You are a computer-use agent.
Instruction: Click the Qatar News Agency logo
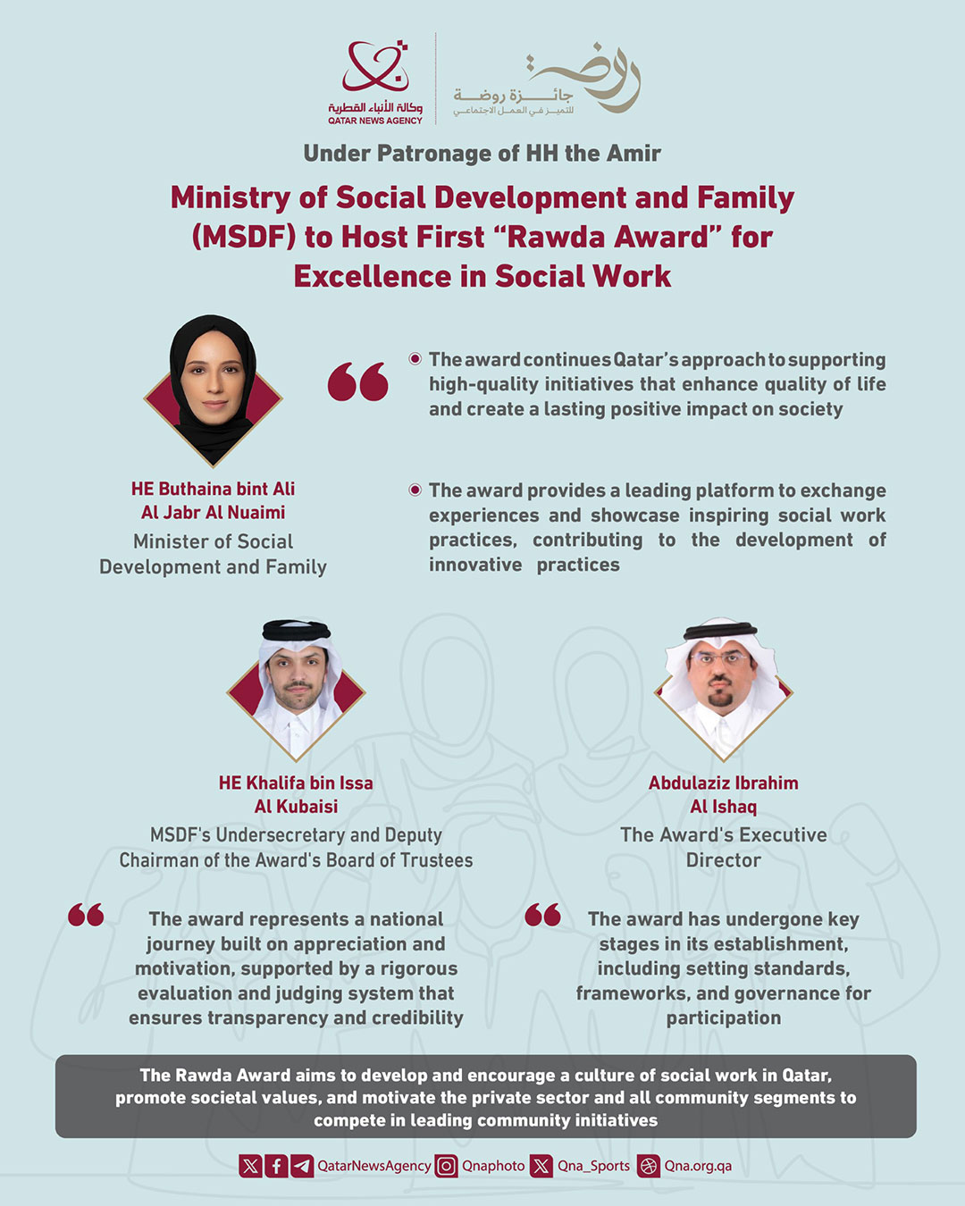point(375,81)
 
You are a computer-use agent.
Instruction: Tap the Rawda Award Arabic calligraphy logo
point(547,80)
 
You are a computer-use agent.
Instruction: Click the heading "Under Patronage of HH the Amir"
point(482,154)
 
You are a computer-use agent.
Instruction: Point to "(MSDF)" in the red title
point(243,237)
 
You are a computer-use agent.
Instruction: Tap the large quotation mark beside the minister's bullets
point(358,381)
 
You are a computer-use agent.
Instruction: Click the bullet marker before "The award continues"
point(415,359)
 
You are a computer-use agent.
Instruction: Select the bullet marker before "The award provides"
point(415,490)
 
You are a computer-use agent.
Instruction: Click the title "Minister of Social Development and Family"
point(213,554)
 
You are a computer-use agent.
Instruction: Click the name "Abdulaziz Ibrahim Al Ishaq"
point(724,794)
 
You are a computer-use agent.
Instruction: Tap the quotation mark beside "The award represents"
point(86,915)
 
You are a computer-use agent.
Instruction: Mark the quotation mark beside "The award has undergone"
point(543,915)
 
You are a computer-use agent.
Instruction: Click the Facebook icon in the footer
point(277,1166)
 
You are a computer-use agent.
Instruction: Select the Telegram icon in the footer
point(302,1166)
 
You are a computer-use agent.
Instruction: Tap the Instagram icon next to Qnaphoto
point(446,1166)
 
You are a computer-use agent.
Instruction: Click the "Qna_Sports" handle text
point(593,1166)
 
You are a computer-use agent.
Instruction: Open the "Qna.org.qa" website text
point(698,1166)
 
